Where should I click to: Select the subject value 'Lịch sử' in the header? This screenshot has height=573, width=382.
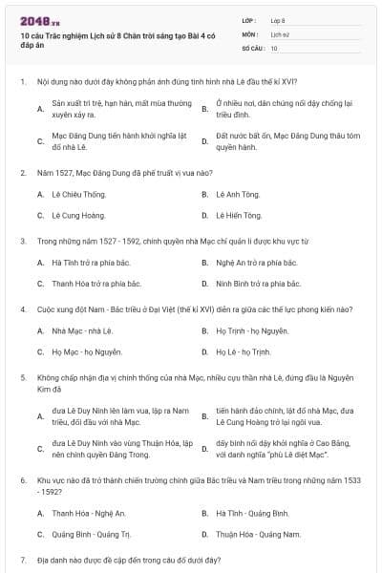click(280, 33)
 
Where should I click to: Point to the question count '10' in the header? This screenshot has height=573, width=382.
click(274, 47)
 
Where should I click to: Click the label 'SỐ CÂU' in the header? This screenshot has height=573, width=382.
click(252, 47)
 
